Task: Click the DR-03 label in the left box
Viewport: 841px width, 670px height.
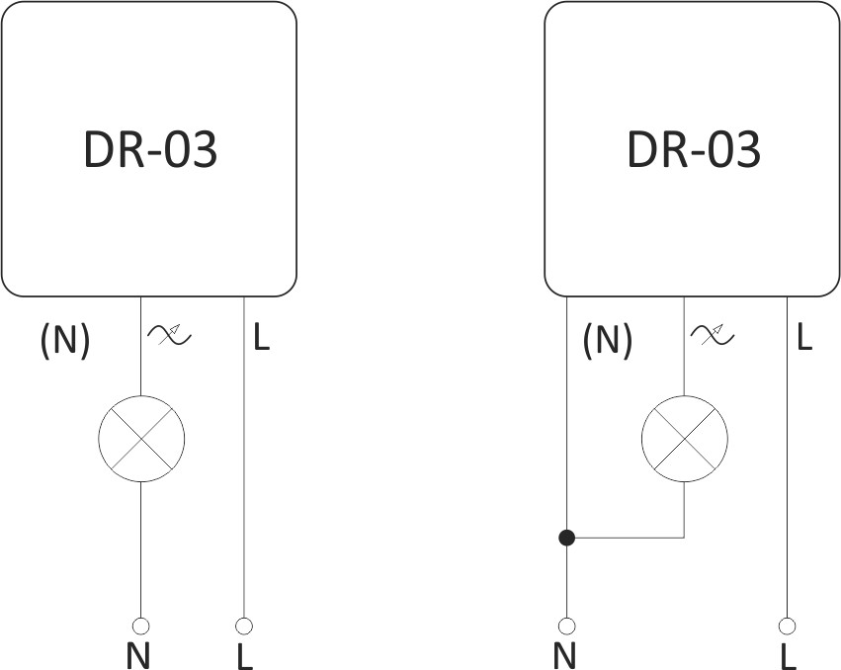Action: (151, 149)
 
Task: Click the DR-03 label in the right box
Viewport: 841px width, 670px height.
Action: (694, 149)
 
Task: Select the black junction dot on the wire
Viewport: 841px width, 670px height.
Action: (567, 538)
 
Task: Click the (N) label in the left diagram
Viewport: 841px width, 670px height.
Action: (65, 340)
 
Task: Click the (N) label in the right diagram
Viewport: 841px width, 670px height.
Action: (608, 340)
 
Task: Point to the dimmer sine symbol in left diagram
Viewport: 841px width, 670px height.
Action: (170, 335)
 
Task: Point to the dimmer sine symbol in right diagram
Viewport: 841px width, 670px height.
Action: (713, 335)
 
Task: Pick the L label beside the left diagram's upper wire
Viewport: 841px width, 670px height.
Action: (262, 337)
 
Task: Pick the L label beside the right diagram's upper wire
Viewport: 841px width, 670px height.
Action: (805, 337)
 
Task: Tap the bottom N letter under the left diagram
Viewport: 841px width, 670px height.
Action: (138, 655)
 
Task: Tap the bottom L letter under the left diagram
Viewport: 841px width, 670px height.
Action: (245, 655)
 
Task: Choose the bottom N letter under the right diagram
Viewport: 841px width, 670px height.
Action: (564, 655)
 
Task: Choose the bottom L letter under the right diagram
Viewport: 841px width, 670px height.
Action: (789, 655)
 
